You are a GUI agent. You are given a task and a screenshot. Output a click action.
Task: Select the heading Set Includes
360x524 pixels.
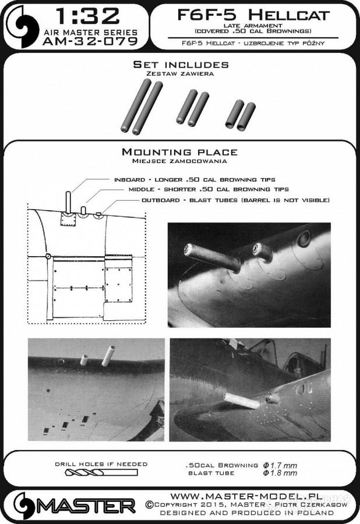pyautogui.click(x=181, y=64)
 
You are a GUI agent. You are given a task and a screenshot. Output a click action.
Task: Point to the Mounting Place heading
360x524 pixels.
pyautogui.click(x=179, y=153)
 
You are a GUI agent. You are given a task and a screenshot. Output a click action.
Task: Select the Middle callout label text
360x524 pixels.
pyautogui.click(x=209, y=190)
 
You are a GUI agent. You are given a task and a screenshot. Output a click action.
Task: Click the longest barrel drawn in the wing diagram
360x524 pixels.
pyautogui.click(x=69, y=202)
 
